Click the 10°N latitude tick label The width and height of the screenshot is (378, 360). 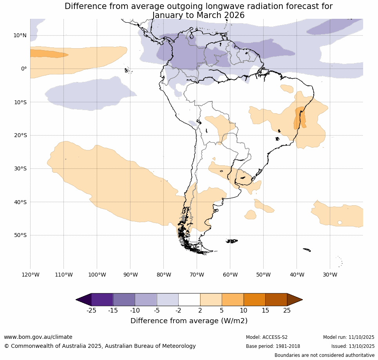click(20, 35)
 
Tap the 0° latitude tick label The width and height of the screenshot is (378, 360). click(24, 69)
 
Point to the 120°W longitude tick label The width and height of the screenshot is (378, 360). click(30, 275)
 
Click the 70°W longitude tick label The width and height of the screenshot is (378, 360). click(197, 275)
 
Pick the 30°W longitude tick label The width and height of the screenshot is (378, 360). click(330, 275)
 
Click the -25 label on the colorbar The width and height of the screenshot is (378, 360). click(91, 311)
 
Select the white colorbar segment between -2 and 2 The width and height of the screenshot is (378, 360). click(189, 300)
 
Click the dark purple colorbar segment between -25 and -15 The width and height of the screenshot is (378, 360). click(102, 300)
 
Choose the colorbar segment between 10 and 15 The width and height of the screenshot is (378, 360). click(254, 300)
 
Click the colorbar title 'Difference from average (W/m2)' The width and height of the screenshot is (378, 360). click(189, 321)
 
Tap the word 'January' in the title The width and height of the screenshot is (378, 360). click(169, 15)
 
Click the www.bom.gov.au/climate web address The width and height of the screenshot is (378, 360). click(38, 337)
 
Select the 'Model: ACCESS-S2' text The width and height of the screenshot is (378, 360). click(266, 337)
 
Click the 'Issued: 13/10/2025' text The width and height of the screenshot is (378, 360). click(353, 346)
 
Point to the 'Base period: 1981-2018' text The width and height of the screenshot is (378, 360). click(273, 346)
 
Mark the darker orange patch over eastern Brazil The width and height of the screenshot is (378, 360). click(300, 118)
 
